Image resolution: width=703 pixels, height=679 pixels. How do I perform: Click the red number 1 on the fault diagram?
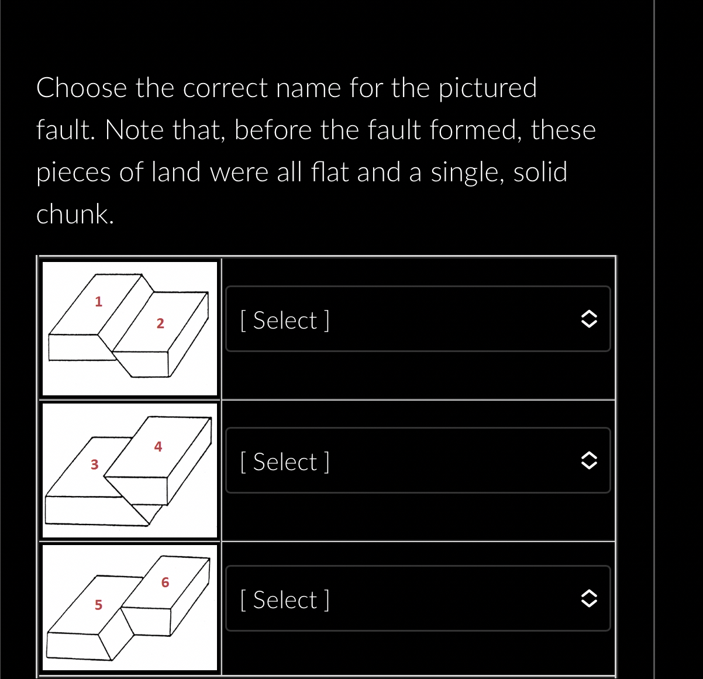[x=98, y=302]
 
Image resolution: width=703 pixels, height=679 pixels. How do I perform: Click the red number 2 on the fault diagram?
[x=160, y=323]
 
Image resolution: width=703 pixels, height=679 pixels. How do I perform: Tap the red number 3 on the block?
[x=94, y=465]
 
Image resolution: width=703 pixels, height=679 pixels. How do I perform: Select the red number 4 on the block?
[x=158, y=447]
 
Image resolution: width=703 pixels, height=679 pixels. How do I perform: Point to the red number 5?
[x=98, y=605]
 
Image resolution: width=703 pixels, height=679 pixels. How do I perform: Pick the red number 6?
[x=165, y=583]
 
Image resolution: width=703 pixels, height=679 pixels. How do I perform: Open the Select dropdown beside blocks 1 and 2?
[x=418, y=319]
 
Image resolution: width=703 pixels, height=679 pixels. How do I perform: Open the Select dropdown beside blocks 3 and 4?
[x=418, y=461]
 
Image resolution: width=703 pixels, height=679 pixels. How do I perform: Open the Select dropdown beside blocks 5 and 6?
[x=418, y=599]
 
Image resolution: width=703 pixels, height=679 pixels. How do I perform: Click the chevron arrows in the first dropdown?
[x=588, y=319]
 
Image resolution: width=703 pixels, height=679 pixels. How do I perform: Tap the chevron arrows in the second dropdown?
[x=588, y=461]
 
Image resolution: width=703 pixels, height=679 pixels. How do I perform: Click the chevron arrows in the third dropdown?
[x=588, y=599]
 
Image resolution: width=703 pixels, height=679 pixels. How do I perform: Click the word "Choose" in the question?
[x=81, y=88]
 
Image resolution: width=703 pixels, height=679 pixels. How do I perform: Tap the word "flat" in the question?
[x=329, y=172]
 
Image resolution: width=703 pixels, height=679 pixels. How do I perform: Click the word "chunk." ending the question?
[x=75, y=214]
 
